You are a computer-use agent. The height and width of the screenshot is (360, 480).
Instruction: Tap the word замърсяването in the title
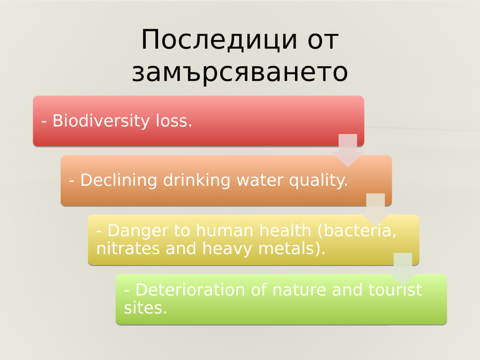click(240, 72)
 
